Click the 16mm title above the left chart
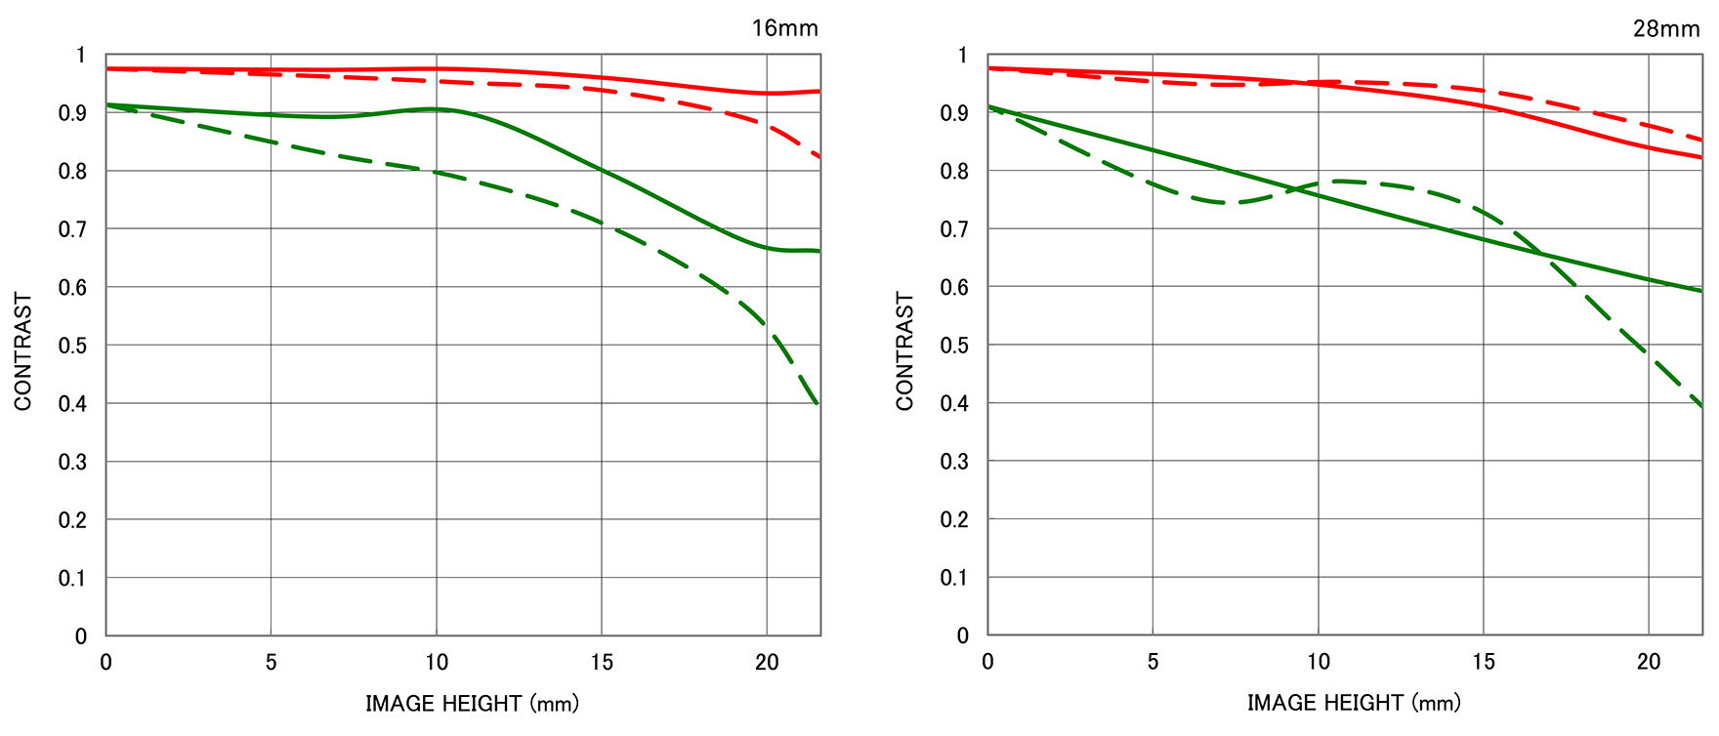tap(784, 28)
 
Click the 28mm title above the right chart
tap(1666, 28)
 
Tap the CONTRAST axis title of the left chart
tap(23, 351)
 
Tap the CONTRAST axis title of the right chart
tap(905, 351)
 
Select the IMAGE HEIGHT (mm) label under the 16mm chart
tap(472, 703)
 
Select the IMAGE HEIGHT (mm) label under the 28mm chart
tap(1354, 703)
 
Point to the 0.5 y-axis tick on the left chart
tap(72, 346)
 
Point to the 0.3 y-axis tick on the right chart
tap(954, 462)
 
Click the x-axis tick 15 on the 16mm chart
tap(602, 663)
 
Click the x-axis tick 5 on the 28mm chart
tap(1153, 663)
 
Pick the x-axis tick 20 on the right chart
tap(1649, 663)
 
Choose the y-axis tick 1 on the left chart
tap(81, 56)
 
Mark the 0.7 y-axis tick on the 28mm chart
tap(954, 229)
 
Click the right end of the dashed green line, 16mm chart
tap(818, 403)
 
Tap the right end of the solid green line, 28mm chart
tap(1700, 290)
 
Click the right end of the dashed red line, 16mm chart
tap(818, 156)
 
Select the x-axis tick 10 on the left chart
tap(437, 663)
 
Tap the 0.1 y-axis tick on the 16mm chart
tap(72, 578)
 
